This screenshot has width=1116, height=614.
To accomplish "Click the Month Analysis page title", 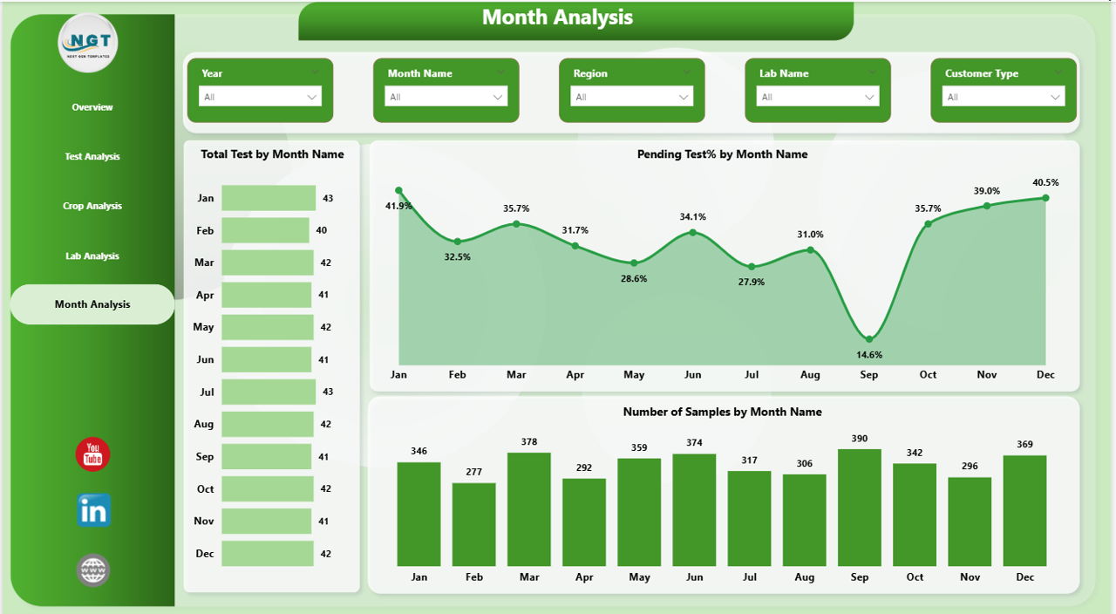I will [x=557, y=17].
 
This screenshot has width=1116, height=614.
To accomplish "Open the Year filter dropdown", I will [x=260, y=97].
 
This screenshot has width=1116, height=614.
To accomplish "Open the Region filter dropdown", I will [x=631, y=97].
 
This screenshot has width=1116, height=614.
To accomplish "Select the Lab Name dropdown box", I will [x=817, y=97].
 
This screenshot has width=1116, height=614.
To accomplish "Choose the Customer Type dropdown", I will [x=1004, y=97].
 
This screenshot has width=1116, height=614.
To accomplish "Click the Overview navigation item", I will [x=92, y=107].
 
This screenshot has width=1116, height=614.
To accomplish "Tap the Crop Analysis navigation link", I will [x=92, y=207].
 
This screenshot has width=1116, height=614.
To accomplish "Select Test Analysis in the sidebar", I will [x=92, y=157].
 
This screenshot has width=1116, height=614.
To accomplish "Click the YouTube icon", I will [x=93, y=454].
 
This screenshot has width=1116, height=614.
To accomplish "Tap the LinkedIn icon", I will [x=93, y=511].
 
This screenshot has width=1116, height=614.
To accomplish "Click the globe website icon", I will [x=93, y=570].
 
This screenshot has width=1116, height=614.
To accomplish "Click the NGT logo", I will [x=88, y=41].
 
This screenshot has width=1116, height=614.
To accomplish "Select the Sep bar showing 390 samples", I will [x=860, y=508].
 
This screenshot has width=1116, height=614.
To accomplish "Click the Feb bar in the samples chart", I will [x=474, y=524].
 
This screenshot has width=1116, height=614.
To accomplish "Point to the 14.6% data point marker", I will [x=869, y=338].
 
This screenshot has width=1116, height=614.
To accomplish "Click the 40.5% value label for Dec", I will [x=1045, y=182].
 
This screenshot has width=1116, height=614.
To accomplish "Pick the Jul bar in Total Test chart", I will [x=269, y=392].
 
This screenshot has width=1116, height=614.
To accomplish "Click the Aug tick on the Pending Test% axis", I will [x=810, y=375].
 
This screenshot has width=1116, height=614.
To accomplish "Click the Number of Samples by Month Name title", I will [x=722, y=412].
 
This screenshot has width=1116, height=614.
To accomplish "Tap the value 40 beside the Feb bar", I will [x=322, y=230].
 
